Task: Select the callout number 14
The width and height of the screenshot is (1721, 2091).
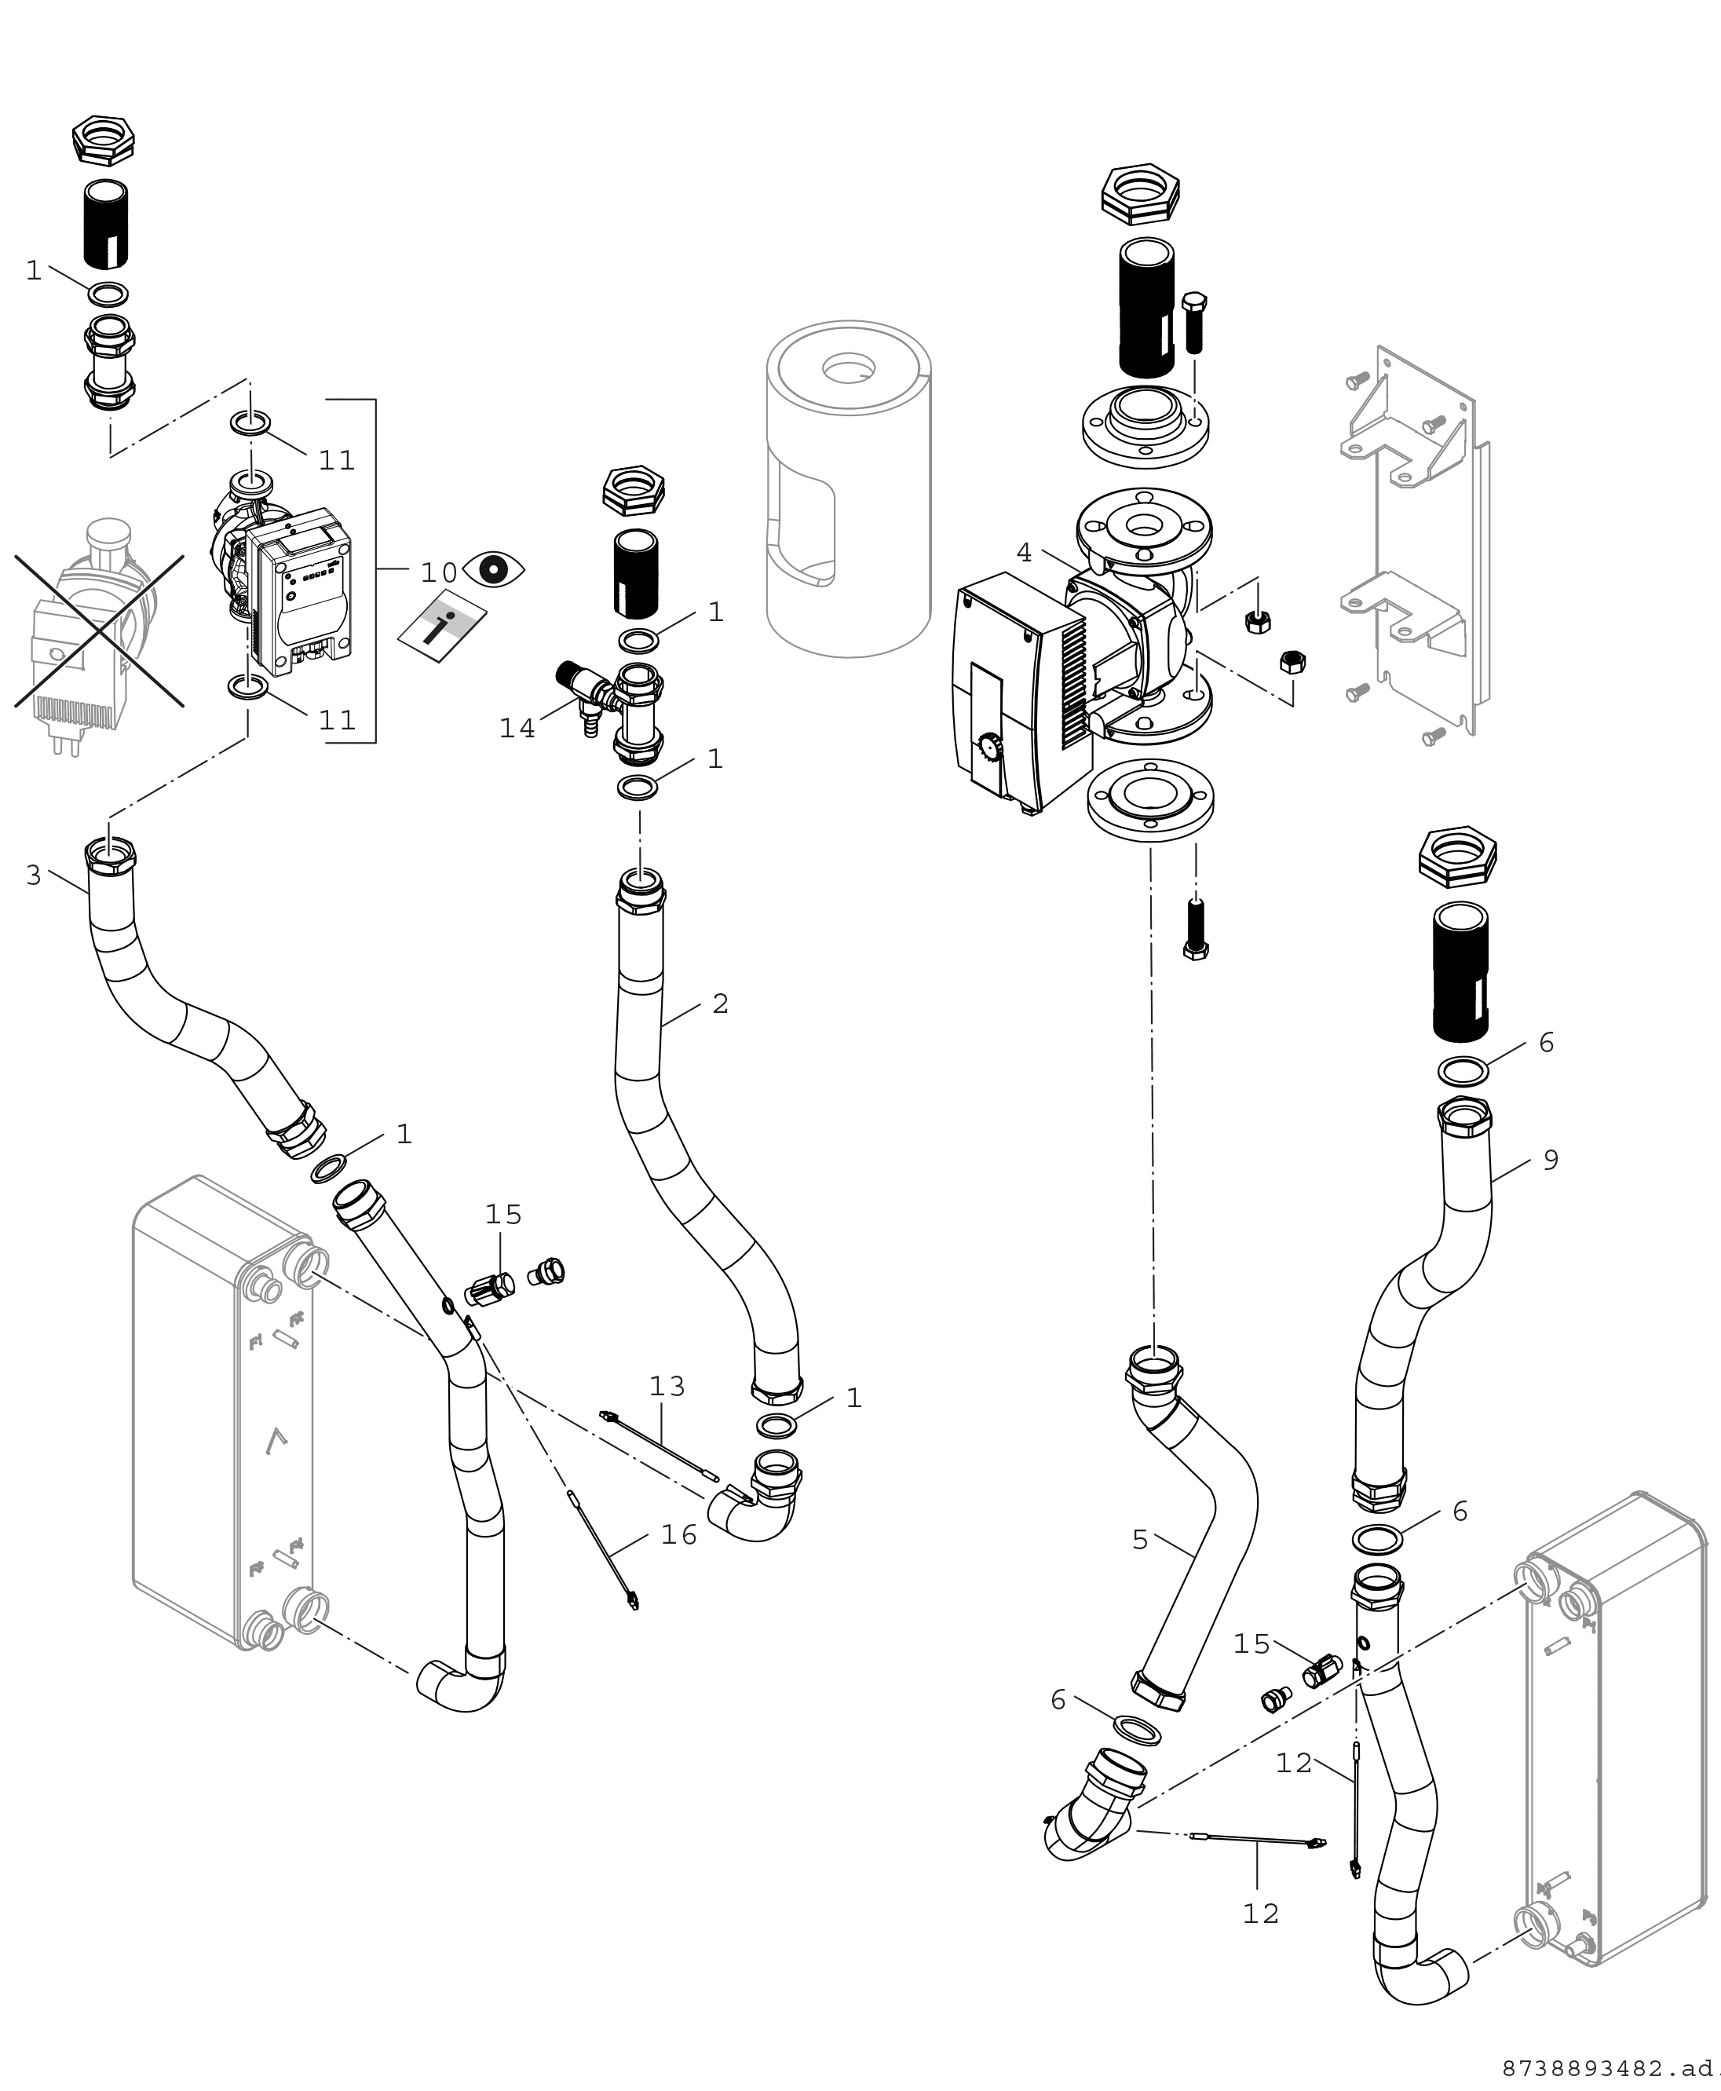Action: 517,729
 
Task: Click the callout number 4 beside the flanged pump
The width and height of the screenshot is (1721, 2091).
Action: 1024,552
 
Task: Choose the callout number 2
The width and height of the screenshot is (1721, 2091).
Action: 721,1003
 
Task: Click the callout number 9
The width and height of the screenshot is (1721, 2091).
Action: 1551,1159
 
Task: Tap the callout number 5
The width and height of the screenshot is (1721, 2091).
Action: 1140,1540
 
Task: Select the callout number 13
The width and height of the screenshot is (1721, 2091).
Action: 667,1386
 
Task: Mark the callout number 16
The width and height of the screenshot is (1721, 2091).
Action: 679,1535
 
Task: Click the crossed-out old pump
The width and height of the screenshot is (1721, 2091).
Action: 97,634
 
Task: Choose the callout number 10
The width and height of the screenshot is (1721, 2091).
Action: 438,572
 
